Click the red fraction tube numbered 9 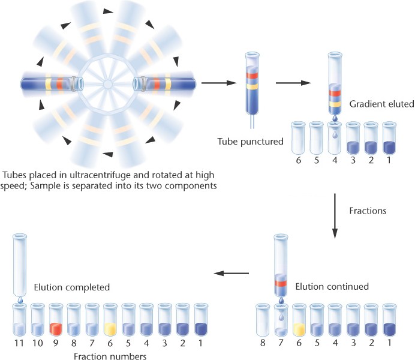(56, 323)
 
